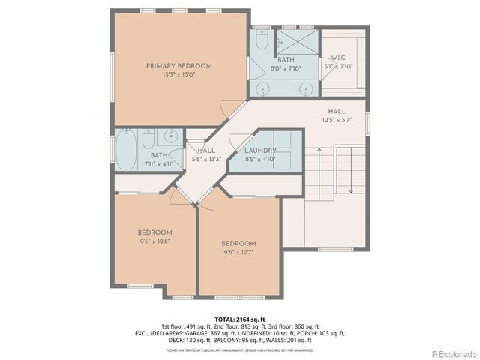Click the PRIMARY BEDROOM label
point(178,66)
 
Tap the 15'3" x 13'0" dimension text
point(178,75)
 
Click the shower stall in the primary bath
point(295,40)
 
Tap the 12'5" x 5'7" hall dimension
point(336,120)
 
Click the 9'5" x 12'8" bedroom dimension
point(155,241)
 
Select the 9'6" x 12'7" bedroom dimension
point(238,252)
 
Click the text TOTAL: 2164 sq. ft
point(239,319)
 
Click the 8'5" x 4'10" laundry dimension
point(261,159)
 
